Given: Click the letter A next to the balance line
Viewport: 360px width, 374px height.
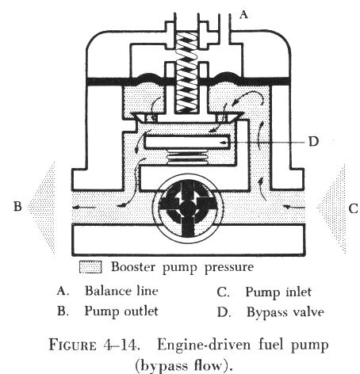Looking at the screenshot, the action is (x=243, y=14).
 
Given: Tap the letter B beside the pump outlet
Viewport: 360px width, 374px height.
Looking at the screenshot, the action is (x=17, y=206).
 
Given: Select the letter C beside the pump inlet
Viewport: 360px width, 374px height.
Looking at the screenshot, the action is (x=353, y=208).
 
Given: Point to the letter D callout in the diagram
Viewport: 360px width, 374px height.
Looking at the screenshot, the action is (x=313, y=142).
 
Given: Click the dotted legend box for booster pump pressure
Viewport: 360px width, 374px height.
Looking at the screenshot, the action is (x=90, y=267).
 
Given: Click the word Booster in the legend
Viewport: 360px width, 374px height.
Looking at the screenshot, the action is (x=133, y=266).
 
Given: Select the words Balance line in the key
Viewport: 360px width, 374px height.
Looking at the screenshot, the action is (x=121, y=291).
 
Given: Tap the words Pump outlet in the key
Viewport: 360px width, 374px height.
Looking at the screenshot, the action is (x=121, y=311).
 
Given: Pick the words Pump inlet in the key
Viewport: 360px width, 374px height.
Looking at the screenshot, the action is (x=278, y=292).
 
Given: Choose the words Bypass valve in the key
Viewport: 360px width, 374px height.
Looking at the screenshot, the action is (x=285, y=312).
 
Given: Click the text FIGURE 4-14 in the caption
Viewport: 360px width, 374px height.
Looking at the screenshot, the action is (x=94, y=345).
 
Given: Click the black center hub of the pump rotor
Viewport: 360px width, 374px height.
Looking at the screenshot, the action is (x=187, y=208).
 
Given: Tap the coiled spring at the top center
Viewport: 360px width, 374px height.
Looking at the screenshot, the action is (x=187, y=72).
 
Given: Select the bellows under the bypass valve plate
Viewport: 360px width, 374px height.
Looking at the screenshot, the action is (x=187, y=156).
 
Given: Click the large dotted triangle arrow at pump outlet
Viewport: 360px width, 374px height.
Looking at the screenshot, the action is (x=42, y=208).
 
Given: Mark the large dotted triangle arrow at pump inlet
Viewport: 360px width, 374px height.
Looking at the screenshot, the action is (x=332, y=208).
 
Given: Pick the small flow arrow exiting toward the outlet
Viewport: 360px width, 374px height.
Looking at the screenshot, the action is (x=84, y=208).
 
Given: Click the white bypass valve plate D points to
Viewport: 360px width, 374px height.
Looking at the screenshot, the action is (x=187, y=142).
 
